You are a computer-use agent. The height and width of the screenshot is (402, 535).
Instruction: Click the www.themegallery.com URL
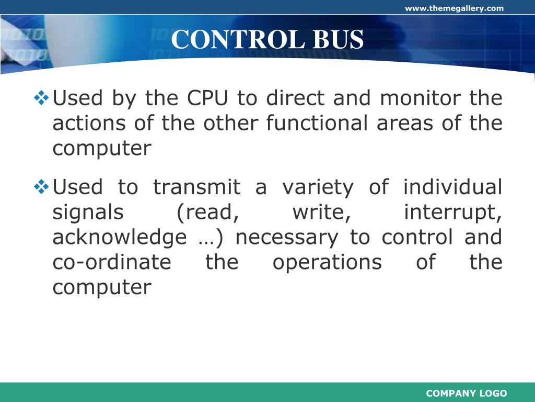(454, 8)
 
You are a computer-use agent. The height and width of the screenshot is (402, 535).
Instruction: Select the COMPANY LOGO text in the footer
(467, 394)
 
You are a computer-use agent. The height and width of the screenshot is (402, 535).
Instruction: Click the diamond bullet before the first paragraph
(41, 97)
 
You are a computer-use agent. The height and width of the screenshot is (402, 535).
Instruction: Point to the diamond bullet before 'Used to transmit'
(41, 186)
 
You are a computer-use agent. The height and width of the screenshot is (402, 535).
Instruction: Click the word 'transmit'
(196, 187)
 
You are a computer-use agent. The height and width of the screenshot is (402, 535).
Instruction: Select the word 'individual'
(453, 187)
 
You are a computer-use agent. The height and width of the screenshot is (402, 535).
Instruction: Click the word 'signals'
(88, 213)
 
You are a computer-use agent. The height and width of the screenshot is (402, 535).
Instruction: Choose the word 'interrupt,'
(453, 213)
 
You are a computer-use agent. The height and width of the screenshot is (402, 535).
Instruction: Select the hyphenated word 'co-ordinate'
(112, 262)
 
